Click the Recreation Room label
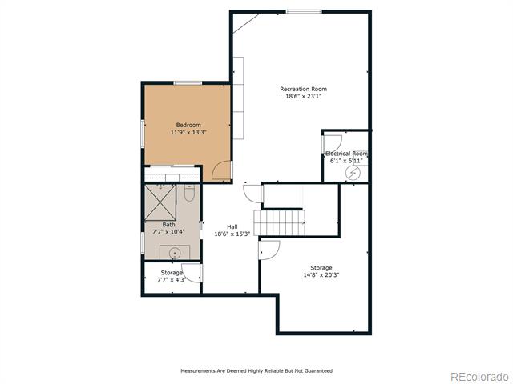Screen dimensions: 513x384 [303, 89]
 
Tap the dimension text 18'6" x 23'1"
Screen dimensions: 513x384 [303, 96]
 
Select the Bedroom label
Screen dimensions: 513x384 [188, 125]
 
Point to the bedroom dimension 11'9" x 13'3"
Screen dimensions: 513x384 [188, 132]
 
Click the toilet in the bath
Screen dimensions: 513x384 [189, 193]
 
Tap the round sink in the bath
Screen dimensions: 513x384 [175, 253]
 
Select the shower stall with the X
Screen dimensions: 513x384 [160, 202]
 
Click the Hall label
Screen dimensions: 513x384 [232, 226]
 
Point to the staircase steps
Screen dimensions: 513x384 [280, 222]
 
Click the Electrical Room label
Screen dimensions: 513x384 [346, 154]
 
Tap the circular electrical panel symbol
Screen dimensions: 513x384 [353, 173]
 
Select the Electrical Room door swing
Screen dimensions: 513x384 [332, 144]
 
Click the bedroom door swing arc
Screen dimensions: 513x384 [221, 170]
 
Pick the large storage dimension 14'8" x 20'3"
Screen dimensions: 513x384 [321, 275]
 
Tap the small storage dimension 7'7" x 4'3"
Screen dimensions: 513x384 [172, 280]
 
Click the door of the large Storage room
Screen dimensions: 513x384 [269, 250]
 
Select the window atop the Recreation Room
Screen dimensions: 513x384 [304, 12]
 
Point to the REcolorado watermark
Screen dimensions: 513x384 [479, 377]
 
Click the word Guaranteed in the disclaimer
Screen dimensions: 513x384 [318, 370]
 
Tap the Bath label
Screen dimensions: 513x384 [168, 225]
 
